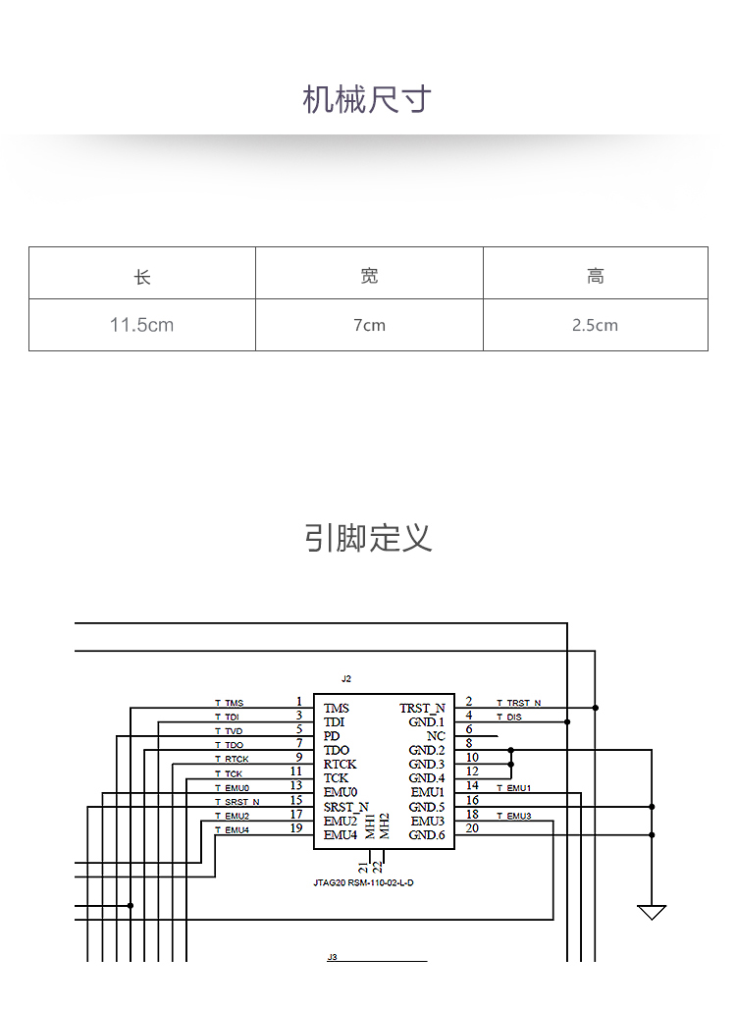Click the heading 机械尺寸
[x=367, y=100]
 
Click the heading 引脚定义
[x=368, y=538]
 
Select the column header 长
[x=142, y=277]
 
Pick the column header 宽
[x=369, y=276]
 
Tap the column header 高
[x=596, y=276]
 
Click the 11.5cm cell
[x=141, y=325]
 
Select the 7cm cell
[x=369, y=325]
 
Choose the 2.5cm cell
[x=595, y=325]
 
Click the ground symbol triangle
[x=651, y=912]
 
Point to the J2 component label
[x=346, y=679]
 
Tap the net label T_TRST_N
[x=518, y=703]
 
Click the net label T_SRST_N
[x=237, y=802]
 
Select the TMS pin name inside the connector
[x=337, y=708]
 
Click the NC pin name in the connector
[x=436, y=735]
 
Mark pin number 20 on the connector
[x=472, y=828]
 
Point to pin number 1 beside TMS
[x=298, y=701]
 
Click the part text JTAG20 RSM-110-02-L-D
[x=363, y=882]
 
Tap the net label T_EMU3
[x=514, y=816]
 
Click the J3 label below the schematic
[x=333, y=957]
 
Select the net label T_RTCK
[x=232, y=760]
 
